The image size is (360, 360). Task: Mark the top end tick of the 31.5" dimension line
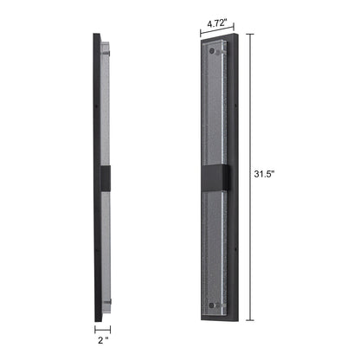[253, 32]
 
